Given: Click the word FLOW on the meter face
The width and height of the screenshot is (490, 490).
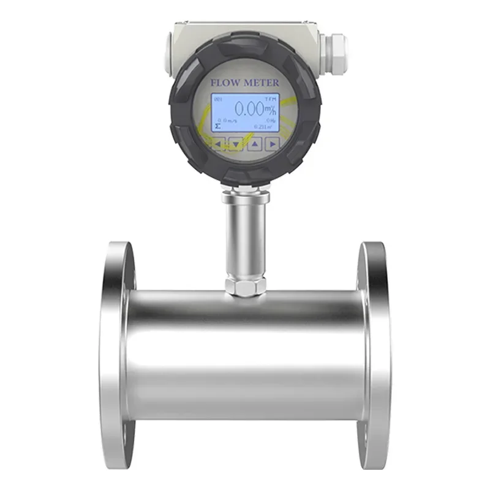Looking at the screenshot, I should pyautogui.click(x=224, y=82).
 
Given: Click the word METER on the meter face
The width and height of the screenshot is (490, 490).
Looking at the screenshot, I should pyautogui.click(x=259, y=82).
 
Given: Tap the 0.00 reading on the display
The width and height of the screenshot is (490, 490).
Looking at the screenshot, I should pyautogui.click(x=249, y=110).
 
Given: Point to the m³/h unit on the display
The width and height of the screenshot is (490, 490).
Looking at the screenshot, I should pyautogui.click(x=270, y=110).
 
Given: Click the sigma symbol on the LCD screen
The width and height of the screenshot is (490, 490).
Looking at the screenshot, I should pyautogui.click(x=217, y=126).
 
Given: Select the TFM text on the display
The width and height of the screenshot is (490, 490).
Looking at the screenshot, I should pyautogui.click(x=271, y=99).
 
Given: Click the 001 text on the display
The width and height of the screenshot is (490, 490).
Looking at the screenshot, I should pyautogui.click(x=219, y=99).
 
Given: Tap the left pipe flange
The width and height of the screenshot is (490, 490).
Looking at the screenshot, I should pyautogui.click(x=117, y=355).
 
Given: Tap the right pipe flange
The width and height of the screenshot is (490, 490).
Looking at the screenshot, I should pyautogui.click(x=374, y=355).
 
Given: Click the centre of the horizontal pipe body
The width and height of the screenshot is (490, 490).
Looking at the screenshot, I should pyautogui.click(x=245, y=355).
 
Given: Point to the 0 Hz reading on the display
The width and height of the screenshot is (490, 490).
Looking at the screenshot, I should pyautogui.click(x=270, y=121).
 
